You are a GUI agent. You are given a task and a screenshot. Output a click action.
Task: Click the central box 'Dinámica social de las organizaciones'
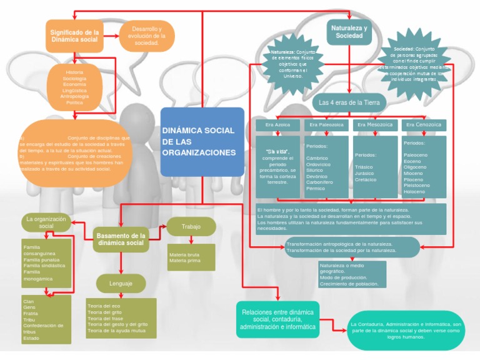coord(202,142)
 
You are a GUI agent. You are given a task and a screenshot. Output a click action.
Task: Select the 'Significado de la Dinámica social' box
coord(74,36)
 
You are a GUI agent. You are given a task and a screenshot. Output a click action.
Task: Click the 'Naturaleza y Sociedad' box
coord(349,32)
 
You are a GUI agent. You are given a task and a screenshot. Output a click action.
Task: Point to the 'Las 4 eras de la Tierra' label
coord(349,102)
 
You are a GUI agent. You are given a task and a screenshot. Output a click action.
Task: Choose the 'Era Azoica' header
coord(277,125)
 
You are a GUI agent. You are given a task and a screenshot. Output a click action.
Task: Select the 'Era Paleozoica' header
coord(326,125)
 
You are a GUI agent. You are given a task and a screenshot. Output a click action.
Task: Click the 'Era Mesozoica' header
coord(375,125)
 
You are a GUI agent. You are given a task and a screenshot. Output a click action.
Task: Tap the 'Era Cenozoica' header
coord(423,125)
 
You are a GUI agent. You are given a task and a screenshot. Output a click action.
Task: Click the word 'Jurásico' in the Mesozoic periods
coord(365,173)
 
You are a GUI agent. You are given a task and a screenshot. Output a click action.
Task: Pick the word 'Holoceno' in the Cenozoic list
coord(414,191)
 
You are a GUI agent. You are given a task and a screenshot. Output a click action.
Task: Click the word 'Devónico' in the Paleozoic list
coord(317,176)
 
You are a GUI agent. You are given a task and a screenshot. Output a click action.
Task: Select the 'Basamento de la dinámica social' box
coord(121,239)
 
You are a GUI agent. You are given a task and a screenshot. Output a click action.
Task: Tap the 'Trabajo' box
coord(191,226)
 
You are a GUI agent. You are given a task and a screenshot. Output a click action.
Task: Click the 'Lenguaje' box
coord(121,284)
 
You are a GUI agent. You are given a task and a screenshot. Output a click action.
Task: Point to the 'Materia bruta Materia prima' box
coord(191,257)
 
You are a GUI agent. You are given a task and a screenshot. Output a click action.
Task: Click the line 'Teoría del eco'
coord(104,306)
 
